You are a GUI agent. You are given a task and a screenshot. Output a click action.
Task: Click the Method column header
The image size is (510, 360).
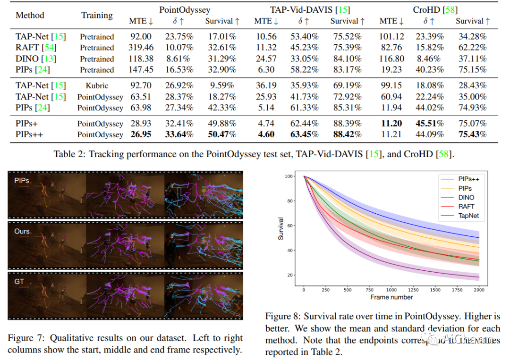coord(29,15)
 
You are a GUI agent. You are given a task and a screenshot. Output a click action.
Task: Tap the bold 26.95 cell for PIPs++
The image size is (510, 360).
coord(140,134)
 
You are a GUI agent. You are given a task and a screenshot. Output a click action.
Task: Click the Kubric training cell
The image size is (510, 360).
coord(97,86)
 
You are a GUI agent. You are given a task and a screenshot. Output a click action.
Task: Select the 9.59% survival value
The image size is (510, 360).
coord(221,86)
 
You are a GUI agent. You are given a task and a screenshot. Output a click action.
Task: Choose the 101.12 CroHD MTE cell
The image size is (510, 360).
coord(391,37)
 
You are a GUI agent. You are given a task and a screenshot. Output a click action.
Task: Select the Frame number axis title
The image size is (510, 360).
coord(391,297)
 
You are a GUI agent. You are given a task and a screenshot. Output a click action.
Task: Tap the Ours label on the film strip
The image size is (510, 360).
coord(22,231)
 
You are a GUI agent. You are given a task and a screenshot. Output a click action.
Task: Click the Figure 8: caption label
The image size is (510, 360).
coord(282,316)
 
